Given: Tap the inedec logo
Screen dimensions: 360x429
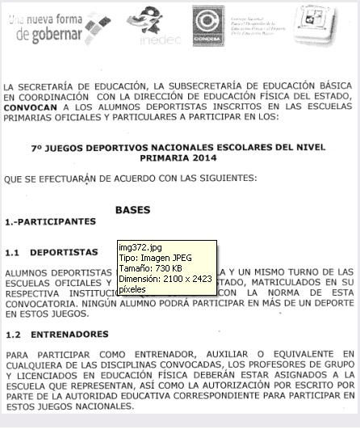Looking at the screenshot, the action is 147,24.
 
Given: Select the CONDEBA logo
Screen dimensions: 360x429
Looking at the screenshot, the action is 207,25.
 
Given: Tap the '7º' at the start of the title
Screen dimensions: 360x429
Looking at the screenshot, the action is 36,148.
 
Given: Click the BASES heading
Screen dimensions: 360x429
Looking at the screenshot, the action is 132,210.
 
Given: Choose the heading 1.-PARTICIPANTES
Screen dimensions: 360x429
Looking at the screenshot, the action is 50,221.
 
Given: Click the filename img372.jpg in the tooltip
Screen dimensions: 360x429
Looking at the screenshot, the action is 140,246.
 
